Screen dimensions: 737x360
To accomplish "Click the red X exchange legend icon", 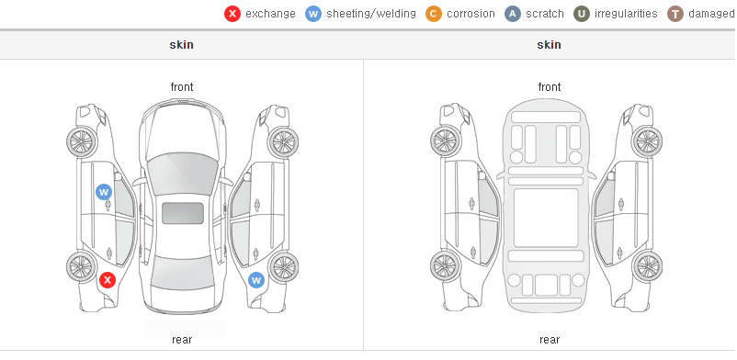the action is (232, 14).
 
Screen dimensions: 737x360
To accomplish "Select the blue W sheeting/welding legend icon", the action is (313, 14).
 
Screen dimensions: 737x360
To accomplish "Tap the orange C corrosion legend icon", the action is (434, 14).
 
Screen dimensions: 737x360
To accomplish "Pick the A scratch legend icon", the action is (513, 14).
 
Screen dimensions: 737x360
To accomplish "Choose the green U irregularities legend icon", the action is (582, 14).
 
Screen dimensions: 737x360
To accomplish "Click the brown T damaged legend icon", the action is (675, 14).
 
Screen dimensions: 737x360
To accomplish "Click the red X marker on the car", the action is (108, 280).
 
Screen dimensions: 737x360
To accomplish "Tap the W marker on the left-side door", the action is (104, 192).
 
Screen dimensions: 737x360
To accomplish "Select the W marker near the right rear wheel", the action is (256, 281).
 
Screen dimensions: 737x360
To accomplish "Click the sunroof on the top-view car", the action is (183, 213).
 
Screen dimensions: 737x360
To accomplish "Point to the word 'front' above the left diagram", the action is (182, 87).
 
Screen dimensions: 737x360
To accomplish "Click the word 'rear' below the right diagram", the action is (550, 340).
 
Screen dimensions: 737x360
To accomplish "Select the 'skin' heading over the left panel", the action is (181, 45).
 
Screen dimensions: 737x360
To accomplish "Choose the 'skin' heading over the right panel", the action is (549, 45).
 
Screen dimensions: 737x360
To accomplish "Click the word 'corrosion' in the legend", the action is (471, 14).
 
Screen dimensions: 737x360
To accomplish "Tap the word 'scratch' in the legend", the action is (545, 14).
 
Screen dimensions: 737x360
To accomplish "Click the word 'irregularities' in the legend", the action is (626, 14).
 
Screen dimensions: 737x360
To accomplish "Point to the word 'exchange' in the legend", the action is (271, 14).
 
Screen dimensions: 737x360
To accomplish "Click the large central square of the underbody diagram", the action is (546, 218).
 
